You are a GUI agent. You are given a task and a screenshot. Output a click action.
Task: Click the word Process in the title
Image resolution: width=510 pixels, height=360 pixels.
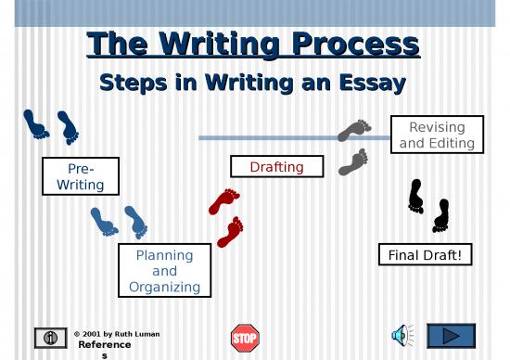(x=353, y=44)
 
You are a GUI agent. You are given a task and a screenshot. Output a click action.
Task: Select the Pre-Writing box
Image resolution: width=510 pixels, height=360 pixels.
(x=80, y=176)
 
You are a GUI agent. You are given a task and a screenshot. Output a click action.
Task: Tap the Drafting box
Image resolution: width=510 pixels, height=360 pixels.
(x=276, y=166)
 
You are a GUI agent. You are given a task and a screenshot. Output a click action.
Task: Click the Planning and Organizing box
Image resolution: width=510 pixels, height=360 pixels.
(x=164, y=270)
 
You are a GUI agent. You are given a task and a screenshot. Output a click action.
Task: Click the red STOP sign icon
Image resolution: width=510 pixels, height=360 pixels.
(x=245, y=336)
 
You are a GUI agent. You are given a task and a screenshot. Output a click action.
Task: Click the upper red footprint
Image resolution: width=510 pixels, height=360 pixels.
(x=224, y=200)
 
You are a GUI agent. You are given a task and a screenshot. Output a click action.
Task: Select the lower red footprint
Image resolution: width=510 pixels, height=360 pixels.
(x=230, y=231)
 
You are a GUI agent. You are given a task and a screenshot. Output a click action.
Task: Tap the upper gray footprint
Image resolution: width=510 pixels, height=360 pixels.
(x=354, y=130)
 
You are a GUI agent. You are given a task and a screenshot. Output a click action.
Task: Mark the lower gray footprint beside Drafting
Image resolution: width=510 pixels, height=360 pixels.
(x=352, y=161)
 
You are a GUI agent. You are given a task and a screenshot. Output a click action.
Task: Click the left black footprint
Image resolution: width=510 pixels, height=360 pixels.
(x=416, y=194)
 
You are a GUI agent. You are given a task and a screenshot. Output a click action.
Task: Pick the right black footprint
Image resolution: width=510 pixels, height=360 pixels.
(x=440, y=215)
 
